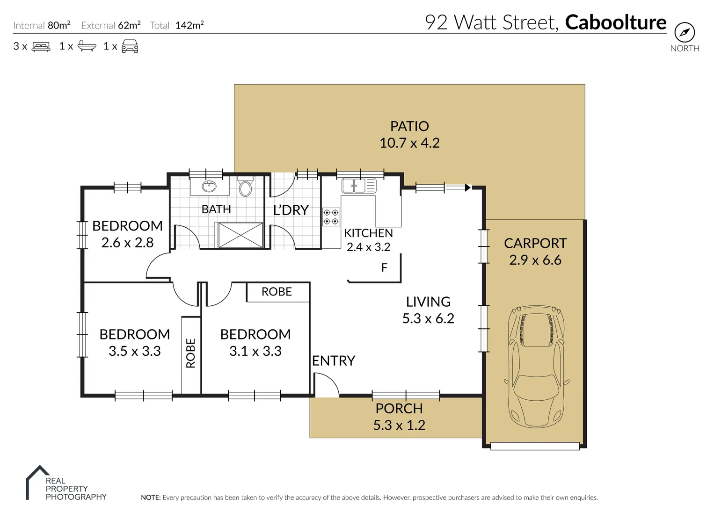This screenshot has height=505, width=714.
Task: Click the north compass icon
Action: point(684,33)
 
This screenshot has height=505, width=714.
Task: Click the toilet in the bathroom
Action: point(245,188)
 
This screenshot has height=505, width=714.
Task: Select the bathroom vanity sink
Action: point(209,187)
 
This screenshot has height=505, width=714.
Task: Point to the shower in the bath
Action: point(239,235)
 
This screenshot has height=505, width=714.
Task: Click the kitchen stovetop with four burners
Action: point(331,217)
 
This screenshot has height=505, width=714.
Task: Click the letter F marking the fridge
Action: point(384,267)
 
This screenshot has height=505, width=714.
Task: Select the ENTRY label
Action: point(334,361)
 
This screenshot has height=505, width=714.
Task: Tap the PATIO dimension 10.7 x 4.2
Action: point(409,143)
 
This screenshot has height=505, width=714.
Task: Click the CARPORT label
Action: point(535,243)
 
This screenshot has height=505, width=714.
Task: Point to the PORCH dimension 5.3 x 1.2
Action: point(399,425)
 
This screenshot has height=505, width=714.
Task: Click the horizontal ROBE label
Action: point(277,292)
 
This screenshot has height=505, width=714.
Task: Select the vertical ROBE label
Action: point(190,353)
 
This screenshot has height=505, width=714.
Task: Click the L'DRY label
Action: point(291,210)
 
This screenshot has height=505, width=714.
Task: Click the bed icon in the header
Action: point(41,46)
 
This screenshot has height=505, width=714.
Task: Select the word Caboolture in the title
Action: point(616,22)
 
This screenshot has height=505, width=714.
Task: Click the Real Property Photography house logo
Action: point(36,482)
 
